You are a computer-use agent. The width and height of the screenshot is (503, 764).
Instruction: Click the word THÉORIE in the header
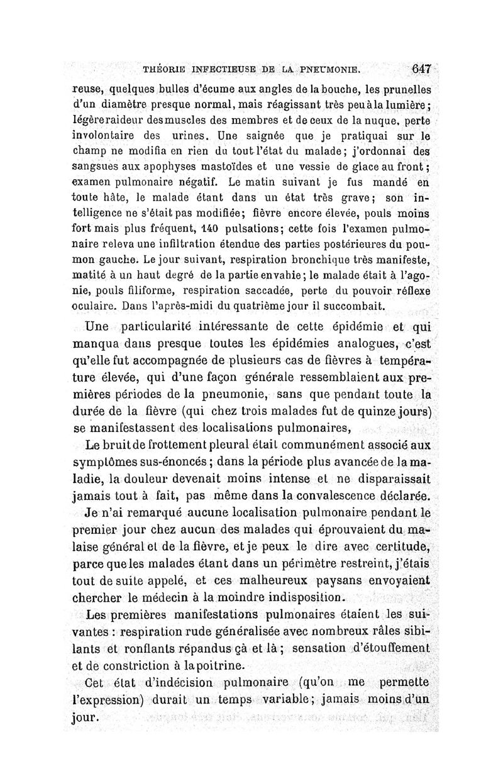click(168, 70)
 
